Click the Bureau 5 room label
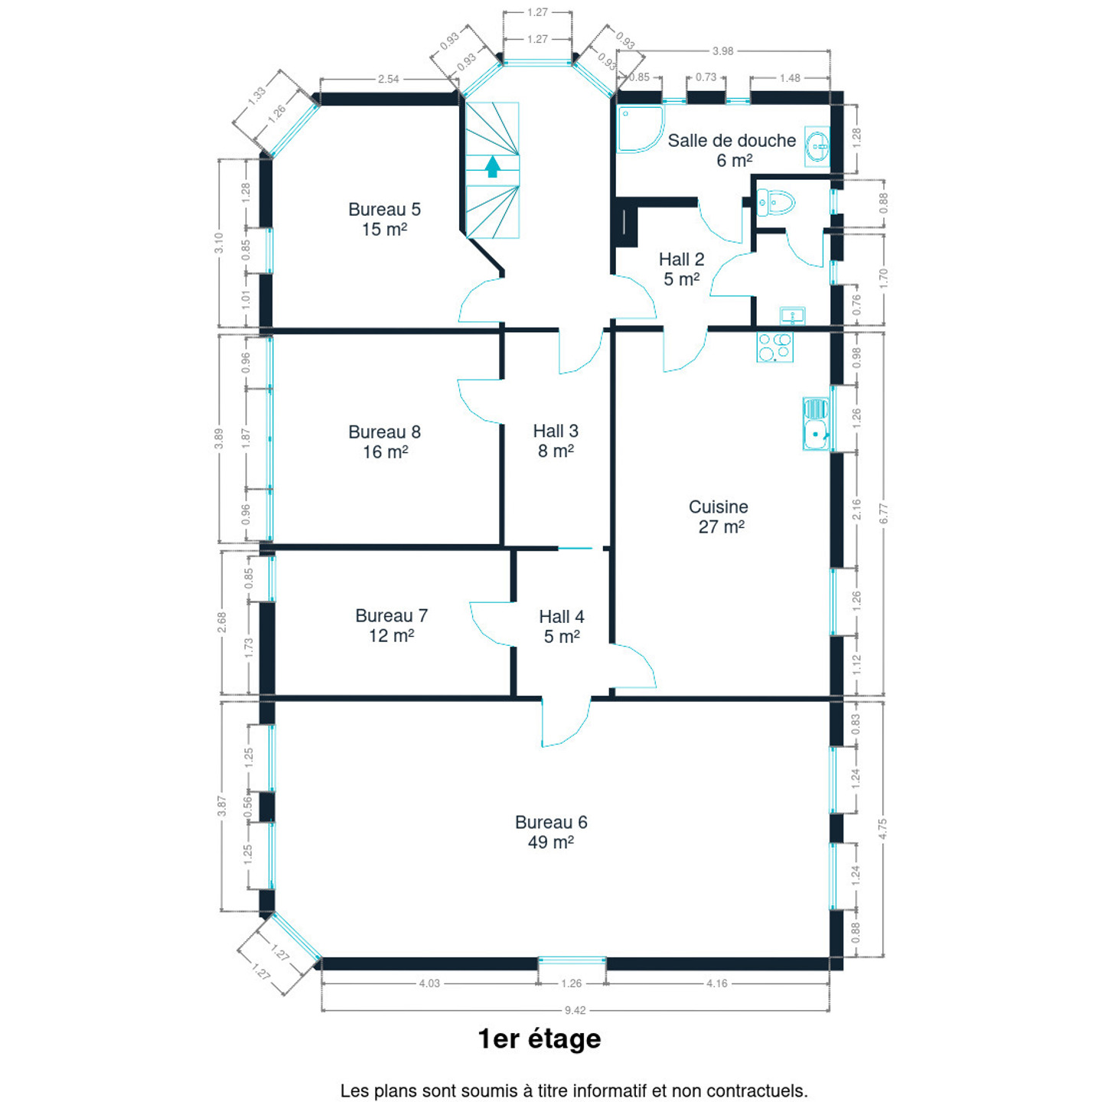coord(384,219)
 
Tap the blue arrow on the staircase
coord(492,167)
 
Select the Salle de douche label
coord(732,150)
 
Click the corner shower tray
coord(640,129)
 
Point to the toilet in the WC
coord(775,203)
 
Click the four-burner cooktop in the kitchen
coord(775,347)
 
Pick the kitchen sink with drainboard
coord(816,424)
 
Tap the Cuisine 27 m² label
coord(719,517)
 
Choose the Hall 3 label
coord(556,440)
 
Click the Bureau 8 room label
coord(384,442)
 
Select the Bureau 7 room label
coord(391,625)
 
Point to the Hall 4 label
coord(562,626)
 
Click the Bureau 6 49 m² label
coord(551,832)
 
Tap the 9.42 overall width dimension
coord(575,1010)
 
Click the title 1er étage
coord(540,1038)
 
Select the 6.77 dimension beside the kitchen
coord(884,513)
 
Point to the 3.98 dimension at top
coord(722,51)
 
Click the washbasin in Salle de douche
coord(817,146)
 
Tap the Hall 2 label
coord(681,269)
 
